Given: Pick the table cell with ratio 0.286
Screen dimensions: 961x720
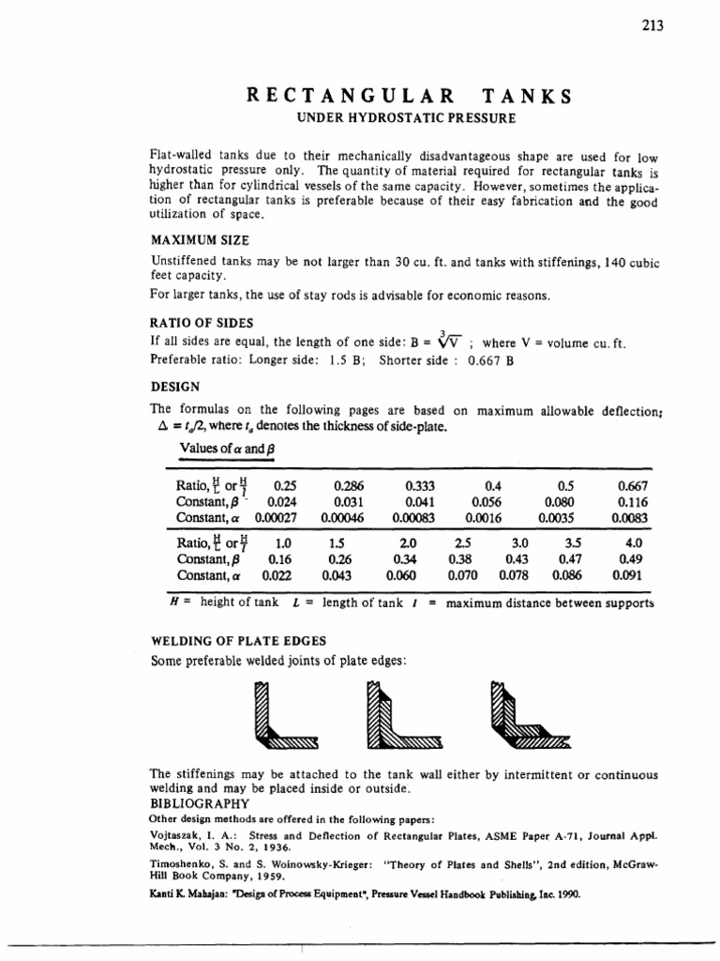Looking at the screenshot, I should pos(349,487).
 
